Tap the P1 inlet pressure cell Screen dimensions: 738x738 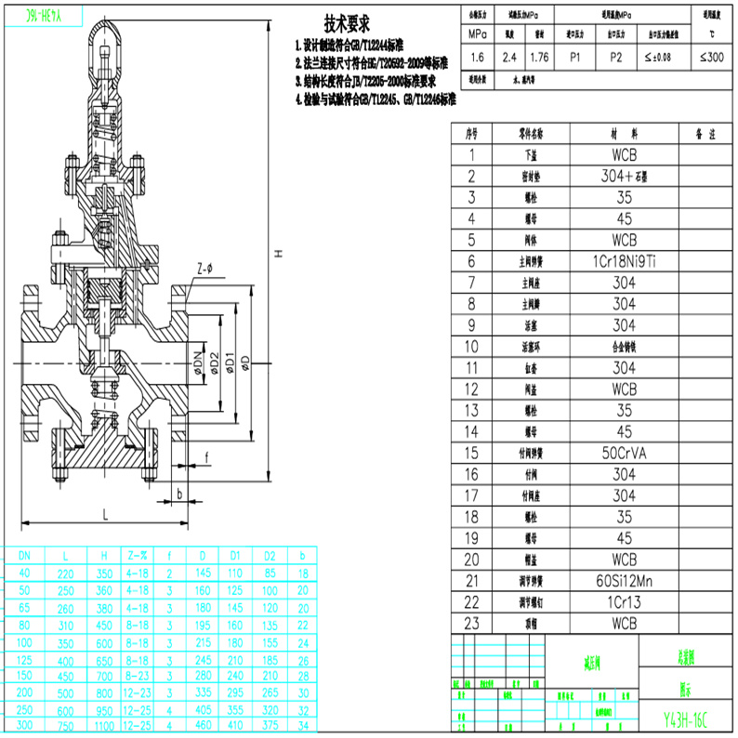click(575, 58)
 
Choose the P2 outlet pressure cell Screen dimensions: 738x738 click(615, 58)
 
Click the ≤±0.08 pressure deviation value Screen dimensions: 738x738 click(661, 58)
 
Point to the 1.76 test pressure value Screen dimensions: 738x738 click(539, 58)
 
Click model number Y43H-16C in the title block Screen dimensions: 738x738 click(686, 719)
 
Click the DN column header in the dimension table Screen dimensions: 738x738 click(24, 555)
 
